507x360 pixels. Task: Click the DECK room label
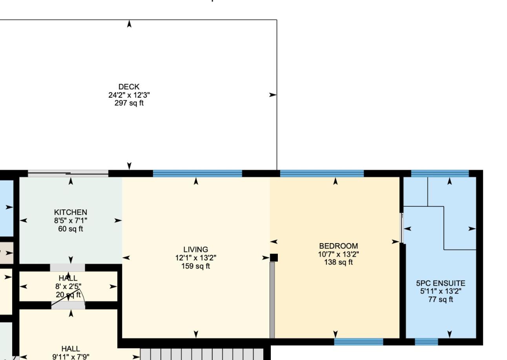[x=129, y=87]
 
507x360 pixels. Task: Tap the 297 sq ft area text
[x=129, y=103]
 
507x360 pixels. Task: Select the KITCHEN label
[x=71, y=212]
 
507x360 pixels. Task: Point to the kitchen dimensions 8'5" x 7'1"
[x=71, y=220]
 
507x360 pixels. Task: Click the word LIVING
[x=196, y=249]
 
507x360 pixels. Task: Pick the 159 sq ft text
[x=196, y=266]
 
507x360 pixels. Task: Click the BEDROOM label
[x=339, y=246]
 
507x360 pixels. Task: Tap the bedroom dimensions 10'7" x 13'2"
[x=339, y=255]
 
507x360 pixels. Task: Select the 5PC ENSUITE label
[x=441, y=284]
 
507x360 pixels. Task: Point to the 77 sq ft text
[x=441, y=300]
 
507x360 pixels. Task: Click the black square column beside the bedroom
[x=274, y=258]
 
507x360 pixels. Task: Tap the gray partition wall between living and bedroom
[x=272, y=300]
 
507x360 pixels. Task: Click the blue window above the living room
[x=198, y=173]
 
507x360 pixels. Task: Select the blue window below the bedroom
[x=359, y=342]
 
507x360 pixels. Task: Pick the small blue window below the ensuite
[x=427, y=342]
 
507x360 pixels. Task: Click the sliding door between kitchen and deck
[x=68, y=173]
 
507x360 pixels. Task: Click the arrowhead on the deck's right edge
[x=273, y=95]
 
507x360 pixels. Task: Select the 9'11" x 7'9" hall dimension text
[x=71, y=357]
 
